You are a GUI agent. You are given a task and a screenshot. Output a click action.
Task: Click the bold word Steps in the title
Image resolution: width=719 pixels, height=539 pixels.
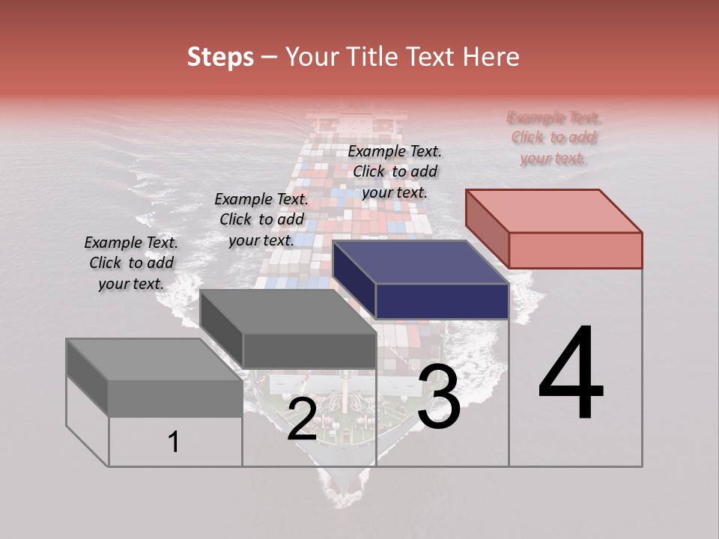coord(220,57)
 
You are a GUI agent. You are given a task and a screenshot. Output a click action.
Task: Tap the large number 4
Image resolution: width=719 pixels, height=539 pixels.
coord(571,374)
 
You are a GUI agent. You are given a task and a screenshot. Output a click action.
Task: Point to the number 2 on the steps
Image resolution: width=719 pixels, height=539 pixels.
coord(302,419)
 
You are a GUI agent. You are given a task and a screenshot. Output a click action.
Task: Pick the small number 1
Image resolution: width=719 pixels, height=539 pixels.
coord(173,442)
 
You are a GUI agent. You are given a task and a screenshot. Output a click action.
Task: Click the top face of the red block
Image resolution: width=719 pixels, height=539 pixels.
coord(553,210)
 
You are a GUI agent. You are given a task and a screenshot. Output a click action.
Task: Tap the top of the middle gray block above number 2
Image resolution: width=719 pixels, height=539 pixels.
coord(287,311)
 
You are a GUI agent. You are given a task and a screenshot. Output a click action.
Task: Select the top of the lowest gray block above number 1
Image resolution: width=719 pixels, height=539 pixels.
coord(154,359)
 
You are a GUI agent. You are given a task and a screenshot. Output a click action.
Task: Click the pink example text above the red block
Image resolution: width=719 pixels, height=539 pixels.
coord(553,138)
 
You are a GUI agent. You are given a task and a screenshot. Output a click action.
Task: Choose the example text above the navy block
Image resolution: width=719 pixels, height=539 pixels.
coord(395,171)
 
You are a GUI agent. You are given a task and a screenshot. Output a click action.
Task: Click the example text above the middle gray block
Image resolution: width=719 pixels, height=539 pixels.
coord(261,219)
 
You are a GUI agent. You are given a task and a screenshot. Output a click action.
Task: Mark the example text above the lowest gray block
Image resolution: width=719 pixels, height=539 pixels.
coord(131,263)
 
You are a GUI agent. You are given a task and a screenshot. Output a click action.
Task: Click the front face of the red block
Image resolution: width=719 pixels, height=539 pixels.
coord(575,250)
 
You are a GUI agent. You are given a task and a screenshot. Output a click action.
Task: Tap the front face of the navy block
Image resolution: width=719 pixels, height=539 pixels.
coord(442,302)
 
